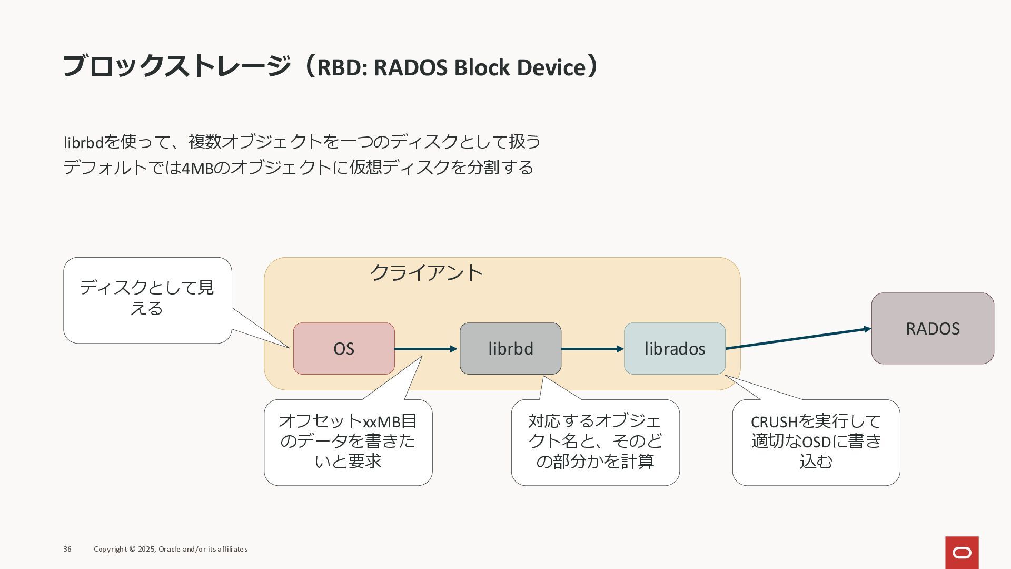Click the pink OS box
point(344,349)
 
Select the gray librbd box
point(511,349)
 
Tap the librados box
point(675,349)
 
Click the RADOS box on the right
point(933,328)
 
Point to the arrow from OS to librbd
point(426,349)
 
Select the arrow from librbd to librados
point(592,349)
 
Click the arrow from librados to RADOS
point(798,338)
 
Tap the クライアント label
point(427,273)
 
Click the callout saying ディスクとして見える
point(148,300)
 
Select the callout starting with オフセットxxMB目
point(348,442)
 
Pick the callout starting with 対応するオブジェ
point(596,442)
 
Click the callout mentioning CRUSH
point(816,442)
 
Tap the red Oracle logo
point(962,553)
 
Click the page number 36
point(67,549)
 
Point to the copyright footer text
point(171,549)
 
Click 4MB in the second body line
point(197,168)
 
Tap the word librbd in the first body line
point(84,142)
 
